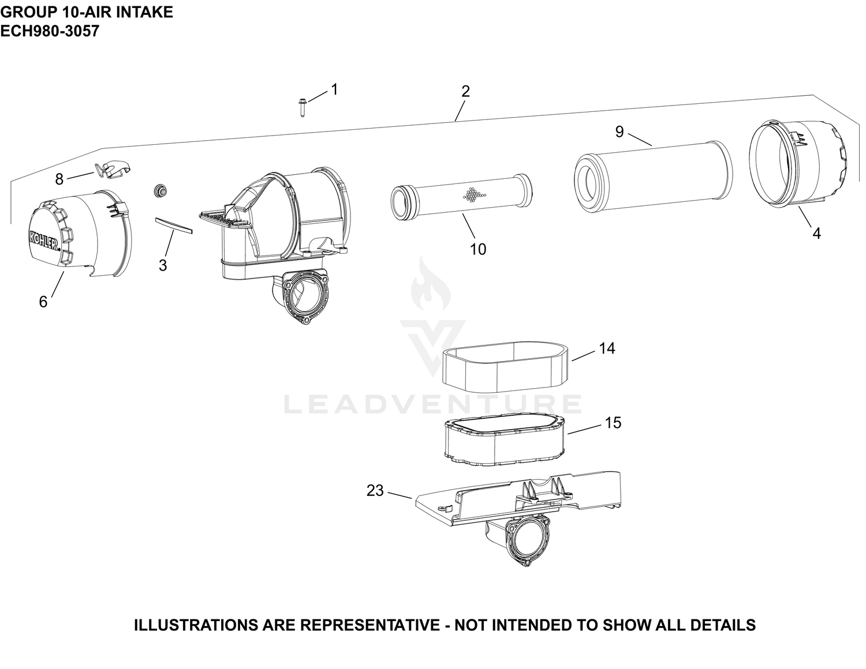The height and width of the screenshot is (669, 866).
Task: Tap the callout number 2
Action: tap(465, 92)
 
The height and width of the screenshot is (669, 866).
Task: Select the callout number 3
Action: tap(163, 265)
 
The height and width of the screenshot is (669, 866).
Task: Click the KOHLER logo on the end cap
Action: tap(44, 240)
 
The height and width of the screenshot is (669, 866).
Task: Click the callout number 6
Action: tap(43, 302)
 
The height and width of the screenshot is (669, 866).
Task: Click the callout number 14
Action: tap(607, 348)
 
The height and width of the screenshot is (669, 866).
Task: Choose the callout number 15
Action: tap(613, 423)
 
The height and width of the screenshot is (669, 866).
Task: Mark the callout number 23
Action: tap(375, 491)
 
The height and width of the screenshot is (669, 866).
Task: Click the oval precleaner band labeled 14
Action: tap(505, 366)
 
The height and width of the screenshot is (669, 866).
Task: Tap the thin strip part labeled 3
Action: tap(173, 225)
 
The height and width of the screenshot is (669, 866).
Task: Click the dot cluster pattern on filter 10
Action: tap(475, 194)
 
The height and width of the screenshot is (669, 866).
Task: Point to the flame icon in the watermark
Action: tap(431, 283)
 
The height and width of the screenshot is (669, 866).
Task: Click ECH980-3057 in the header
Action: tap(50, 31)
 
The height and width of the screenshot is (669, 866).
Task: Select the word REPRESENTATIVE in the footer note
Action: tap(370, 625)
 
